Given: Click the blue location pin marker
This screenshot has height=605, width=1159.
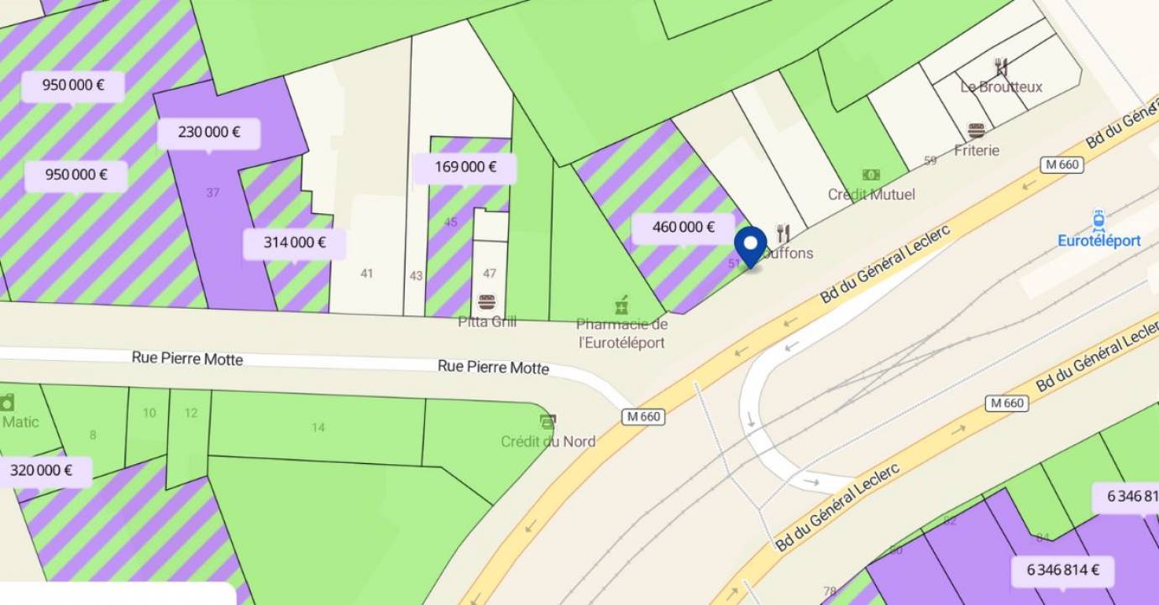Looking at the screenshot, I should tap(750, 245).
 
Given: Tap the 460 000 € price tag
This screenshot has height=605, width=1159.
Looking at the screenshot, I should tap(683, 227).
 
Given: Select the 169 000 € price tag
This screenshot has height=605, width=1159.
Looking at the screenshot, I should tap(464, 167).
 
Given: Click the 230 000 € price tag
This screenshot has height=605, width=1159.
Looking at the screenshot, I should tap(209, 133).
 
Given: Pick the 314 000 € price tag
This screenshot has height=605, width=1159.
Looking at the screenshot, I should tap(295, 243).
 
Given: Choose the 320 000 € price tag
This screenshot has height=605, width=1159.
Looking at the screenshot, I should tap(42, 471).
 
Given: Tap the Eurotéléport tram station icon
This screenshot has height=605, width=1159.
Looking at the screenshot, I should tap(1099, 221).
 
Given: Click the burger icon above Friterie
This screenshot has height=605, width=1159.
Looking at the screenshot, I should tap(976, 131).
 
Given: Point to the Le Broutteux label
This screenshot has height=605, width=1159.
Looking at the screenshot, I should tap(1001, 86).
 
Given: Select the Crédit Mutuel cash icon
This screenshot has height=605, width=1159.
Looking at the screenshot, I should tap(871, 175).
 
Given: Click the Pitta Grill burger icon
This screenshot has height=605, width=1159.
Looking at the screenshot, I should tap(486, 302).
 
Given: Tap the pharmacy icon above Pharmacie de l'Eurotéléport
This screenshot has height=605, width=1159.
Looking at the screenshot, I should tap(621, 305).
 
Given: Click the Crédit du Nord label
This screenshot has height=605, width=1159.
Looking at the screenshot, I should tap(548, 441).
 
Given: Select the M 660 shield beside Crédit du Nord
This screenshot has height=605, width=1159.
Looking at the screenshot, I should tap(643, 417).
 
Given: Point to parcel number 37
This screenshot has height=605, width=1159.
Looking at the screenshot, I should tap(212, 193).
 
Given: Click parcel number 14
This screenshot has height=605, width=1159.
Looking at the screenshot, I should tap(317, 428).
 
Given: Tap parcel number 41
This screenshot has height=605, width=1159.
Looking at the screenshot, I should tap(366, 274).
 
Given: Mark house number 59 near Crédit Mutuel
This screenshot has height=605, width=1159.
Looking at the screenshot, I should tap(930, 160).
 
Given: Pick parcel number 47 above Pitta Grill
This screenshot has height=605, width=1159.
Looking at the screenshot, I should tap(490, 274).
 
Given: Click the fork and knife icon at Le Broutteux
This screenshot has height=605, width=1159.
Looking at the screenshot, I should tap(1001, 67).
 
